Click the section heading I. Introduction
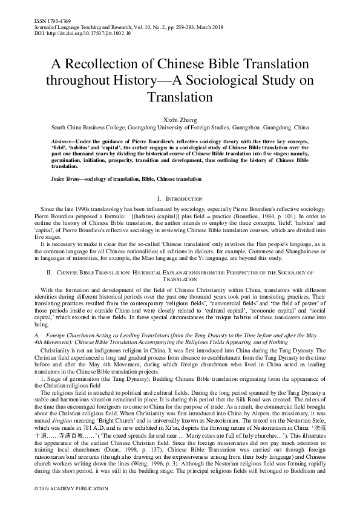(180, 198)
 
